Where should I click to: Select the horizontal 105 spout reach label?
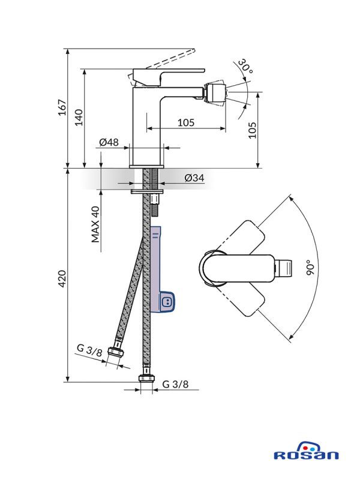pos(186,122)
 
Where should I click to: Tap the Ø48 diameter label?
pos(109,142)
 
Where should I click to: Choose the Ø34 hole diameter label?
pos(194,178)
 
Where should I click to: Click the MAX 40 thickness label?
pos(95,224)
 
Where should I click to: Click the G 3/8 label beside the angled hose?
pos(88,350)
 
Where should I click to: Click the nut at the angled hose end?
pos(116,355)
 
